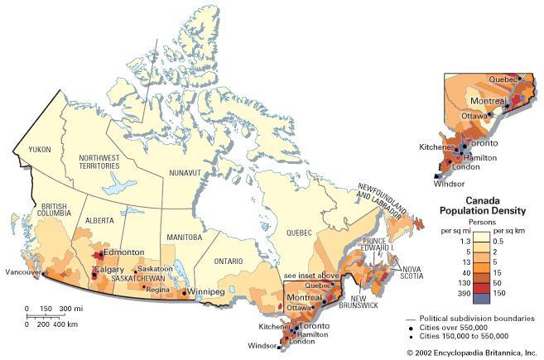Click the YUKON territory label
tap(40, 150)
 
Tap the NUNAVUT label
tap(185, 173)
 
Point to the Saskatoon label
tap(155, 269)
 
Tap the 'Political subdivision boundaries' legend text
tap(477, 318)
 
